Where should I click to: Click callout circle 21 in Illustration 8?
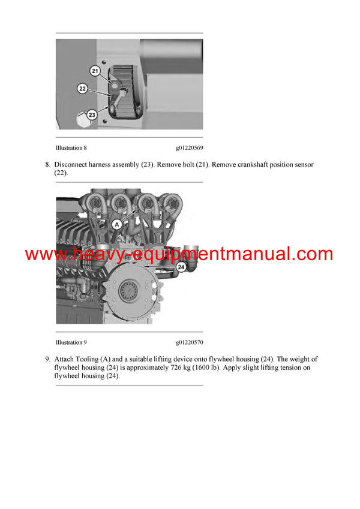95,71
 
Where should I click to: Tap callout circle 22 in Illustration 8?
83,89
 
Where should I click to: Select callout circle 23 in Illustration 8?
92,115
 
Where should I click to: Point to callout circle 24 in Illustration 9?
181,268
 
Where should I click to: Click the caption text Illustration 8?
71,147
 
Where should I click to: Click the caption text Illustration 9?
71,342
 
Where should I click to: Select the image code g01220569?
189,147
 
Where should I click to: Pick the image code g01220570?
189,342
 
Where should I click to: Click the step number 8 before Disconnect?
47,164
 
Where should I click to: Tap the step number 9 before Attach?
47,360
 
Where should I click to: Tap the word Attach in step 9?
65,360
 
